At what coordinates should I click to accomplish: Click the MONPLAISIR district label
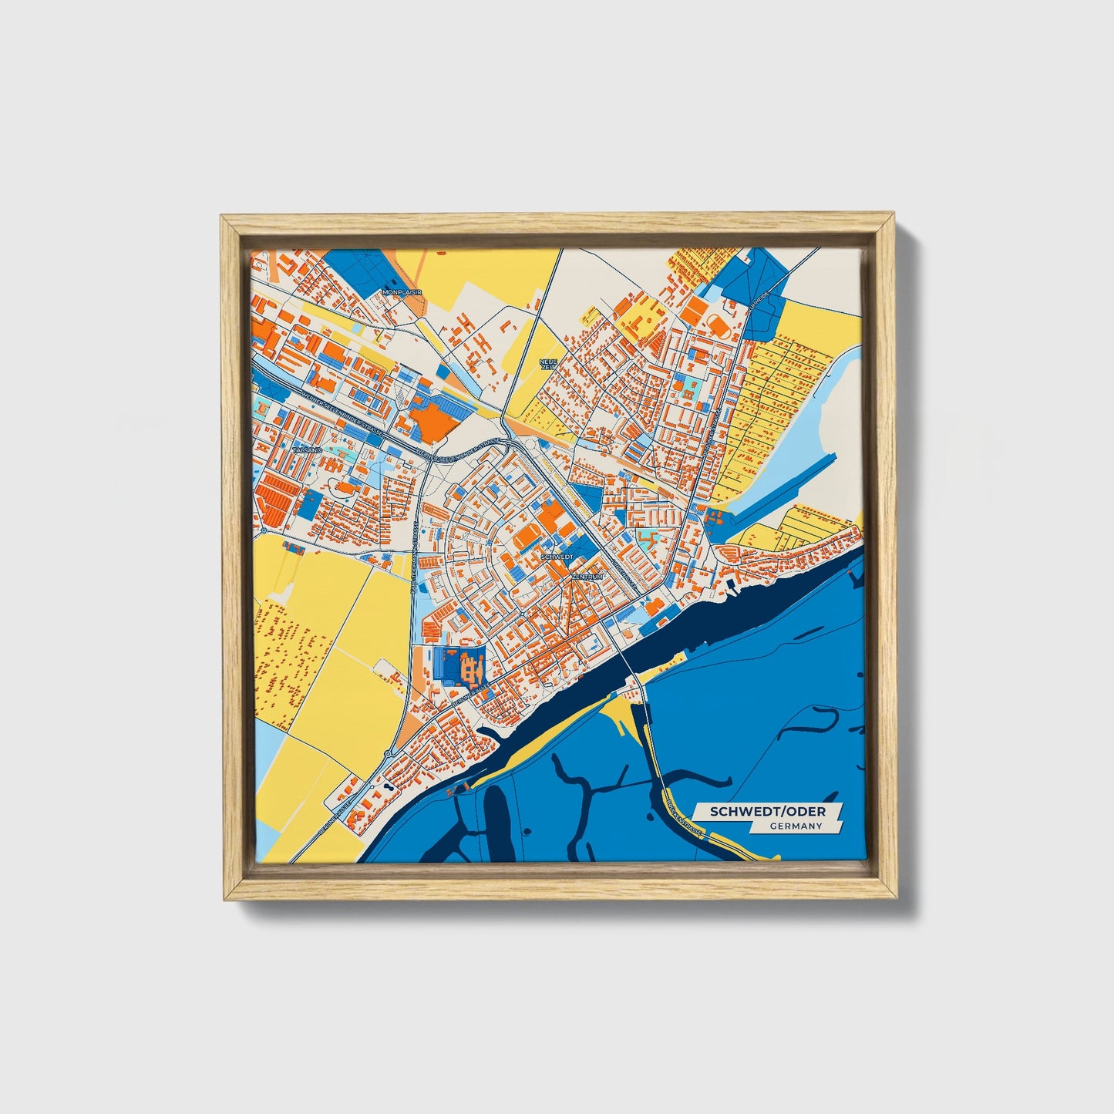(x=402, y=293)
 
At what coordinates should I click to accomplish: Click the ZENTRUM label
(x=587, y=576)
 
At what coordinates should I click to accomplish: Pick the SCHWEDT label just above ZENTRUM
(x=557, y=555)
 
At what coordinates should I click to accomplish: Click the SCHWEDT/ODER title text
(x=767, y=812)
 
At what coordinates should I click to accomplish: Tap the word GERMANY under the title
(x=796, y=826)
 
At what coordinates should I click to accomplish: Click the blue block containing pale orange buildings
(x=460, y=665)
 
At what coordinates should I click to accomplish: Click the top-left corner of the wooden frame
(x=222, y=217)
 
